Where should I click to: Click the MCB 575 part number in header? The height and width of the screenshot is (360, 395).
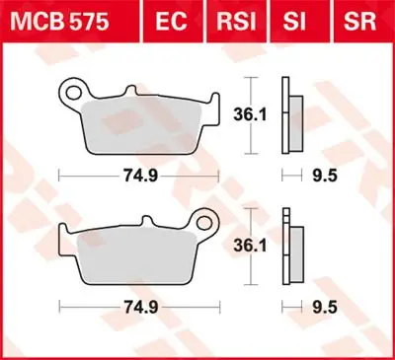click(x=55, y=18)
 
